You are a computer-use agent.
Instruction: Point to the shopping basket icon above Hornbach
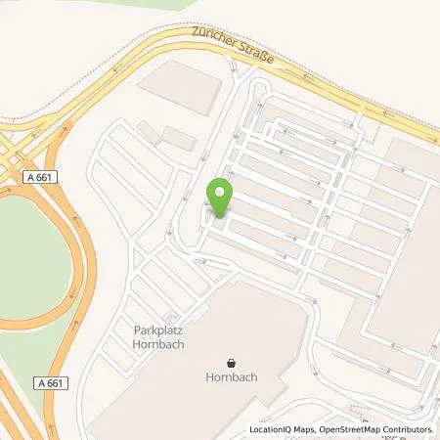click(x=231, y=361)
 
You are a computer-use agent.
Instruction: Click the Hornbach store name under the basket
click(x=231, y=376)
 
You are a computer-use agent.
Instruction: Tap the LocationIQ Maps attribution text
click(x=281, y=429)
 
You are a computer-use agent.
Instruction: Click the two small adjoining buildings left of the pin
click(x=164, y=134)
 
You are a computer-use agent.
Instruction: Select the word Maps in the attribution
click(x=300, y=429)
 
